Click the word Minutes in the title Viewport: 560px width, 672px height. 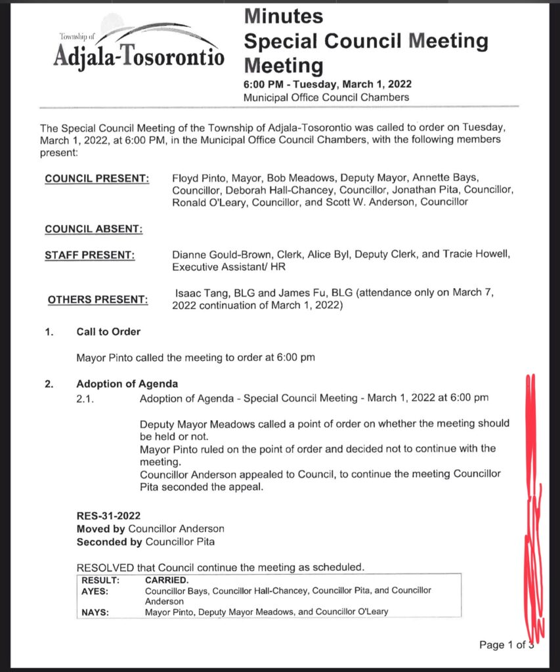(283, 16)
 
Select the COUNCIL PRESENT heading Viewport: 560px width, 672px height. (97, 179)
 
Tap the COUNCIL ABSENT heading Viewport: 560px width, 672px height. (93, 229)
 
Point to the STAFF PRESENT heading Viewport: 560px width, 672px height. (89, 255)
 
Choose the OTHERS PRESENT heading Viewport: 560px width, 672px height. (97, 300)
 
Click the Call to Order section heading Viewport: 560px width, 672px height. (108, 332)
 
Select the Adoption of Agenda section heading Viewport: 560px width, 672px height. (127, 384)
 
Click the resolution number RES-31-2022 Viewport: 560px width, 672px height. (108, 516)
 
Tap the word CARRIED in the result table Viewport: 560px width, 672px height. (166, 581)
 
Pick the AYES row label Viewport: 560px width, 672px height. (95, 591)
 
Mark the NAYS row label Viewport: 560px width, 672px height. (95, 612)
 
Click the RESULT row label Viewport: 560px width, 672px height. (100, 581)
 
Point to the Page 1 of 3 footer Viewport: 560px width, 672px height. (506, 645)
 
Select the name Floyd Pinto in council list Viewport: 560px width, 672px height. (198, 178)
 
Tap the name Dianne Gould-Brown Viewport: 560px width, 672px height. (215, 255)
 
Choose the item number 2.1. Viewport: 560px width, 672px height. (86, 398)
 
